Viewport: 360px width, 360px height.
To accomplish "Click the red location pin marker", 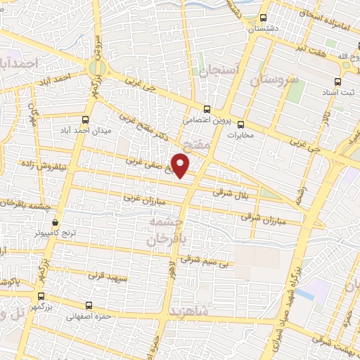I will click(181, 166).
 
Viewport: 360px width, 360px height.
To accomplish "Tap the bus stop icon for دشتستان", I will click(264, 18).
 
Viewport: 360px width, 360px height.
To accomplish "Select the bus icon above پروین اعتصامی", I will click(207, 109).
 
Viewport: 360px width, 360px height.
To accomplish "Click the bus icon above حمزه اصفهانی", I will click(89, 305).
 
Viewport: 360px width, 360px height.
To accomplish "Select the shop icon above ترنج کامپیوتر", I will click(56, 221).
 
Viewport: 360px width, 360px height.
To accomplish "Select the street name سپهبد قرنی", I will click(107, 274).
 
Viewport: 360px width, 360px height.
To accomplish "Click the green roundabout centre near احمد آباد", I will click(96, 67).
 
